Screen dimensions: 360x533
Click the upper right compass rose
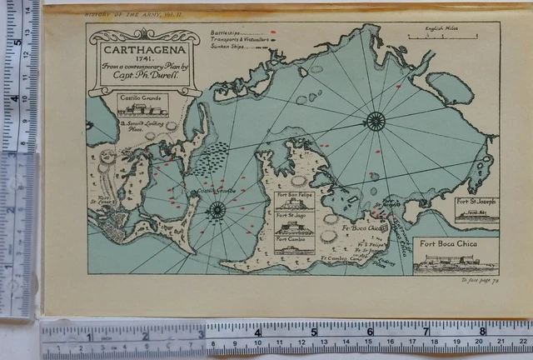click(375, 121)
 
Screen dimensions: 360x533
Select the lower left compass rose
click(217, 207)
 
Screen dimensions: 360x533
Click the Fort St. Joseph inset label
click(476, 202)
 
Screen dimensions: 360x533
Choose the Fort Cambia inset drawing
click(295, 247)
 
